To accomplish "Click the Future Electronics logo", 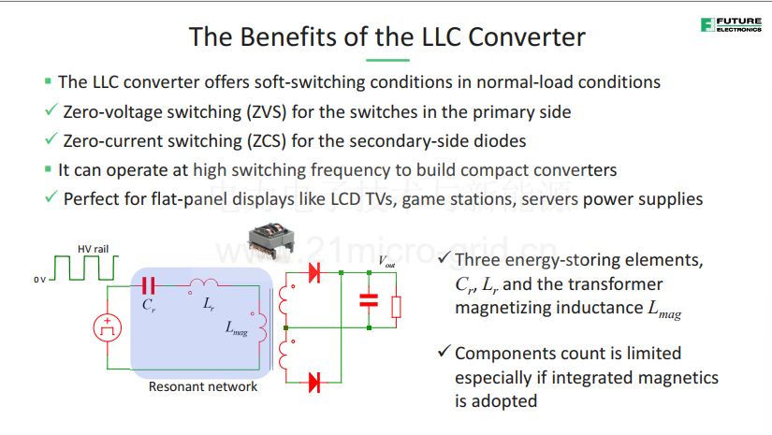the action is (x=731, y=24).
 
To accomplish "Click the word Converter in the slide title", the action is (x=527, y=36).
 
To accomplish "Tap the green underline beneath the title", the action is (x=387, y=60).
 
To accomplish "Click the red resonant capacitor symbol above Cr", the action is (x=148, y=285).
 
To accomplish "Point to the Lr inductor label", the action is (x=209, y=304).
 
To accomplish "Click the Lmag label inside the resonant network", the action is (x=237, y=328).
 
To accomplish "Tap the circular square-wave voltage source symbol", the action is (x=108, y=327).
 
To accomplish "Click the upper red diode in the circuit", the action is (x=314, y=272).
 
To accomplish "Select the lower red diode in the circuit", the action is (x=314, y=383).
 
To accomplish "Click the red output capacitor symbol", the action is (x=369, y=300).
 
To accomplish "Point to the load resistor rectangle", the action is (x=396, y=307).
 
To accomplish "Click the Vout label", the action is (x=386, y=261).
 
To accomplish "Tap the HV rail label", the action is (x=93, y=249).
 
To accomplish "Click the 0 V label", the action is (x=40, y=280).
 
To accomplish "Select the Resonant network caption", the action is (x=203, y=386).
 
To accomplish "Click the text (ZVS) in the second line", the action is (x=267, y=112).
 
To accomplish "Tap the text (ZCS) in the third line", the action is (x=267, y=141).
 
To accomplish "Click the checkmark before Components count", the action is (x=444, y=351).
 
